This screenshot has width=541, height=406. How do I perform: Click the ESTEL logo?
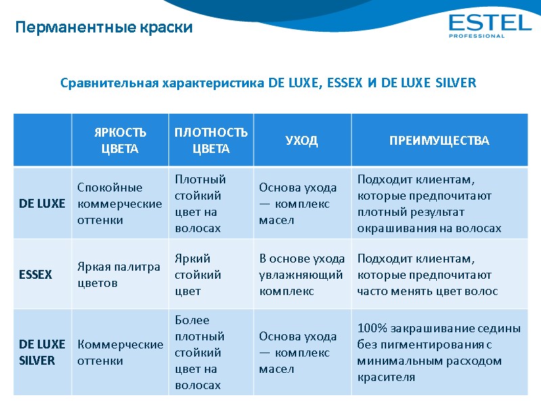click(x=490, y=23)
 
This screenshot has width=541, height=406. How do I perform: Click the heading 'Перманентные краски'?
click(x=104, y=28)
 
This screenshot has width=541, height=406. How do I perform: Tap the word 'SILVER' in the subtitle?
click(x=455, y=83)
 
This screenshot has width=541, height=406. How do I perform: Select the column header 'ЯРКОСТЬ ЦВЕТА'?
click(x=120, y=140)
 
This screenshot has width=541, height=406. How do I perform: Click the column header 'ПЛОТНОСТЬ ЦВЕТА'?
click(x=211, y=140)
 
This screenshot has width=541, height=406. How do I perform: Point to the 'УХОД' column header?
click(x=302, y=141)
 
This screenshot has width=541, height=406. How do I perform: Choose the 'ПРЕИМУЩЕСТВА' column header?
click(x=439, y=141)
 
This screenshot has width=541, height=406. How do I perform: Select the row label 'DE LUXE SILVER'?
click(x=38, y=353)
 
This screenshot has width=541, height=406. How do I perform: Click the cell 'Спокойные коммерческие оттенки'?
click(x=120, y=203)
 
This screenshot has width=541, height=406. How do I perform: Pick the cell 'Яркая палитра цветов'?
click(x=119, y=275)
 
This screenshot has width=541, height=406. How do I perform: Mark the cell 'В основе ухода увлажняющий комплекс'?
click(x=302, y=275)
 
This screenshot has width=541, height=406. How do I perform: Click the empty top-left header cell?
click(x=42, y=140)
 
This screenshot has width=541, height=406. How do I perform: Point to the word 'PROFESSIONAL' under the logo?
click(x=477, y=36)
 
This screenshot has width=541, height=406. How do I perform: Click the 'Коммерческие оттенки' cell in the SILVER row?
click(x=120, y=353)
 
